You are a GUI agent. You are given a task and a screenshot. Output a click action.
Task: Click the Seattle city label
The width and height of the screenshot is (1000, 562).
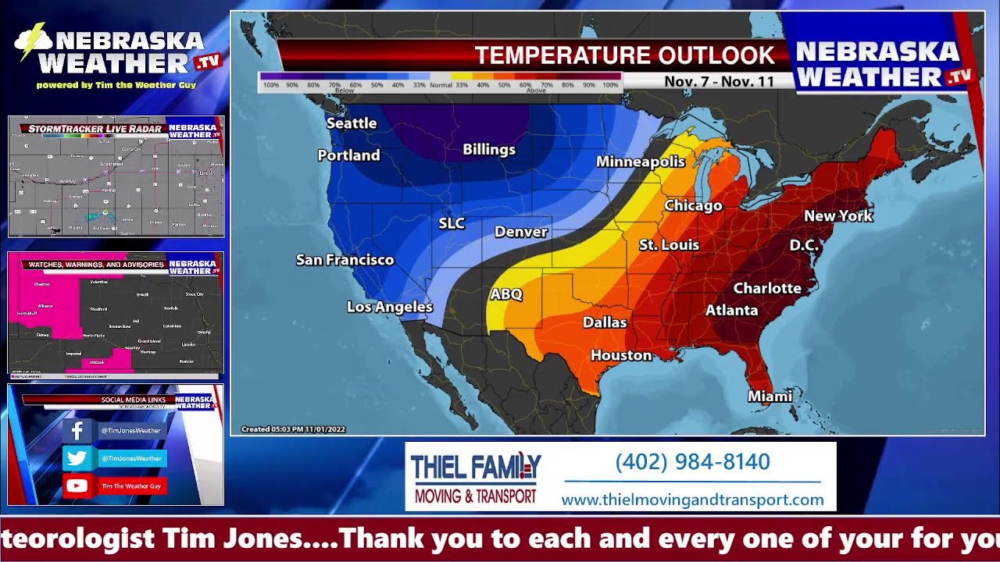tap(352, 123)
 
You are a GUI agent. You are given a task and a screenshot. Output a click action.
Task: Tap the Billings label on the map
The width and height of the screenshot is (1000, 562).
tap(489, 149)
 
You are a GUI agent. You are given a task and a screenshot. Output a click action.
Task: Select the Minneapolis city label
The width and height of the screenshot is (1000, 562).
tap(640, 162)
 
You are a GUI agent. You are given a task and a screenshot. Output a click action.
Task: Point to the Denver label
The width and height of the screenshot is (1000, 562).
tap(521, 232)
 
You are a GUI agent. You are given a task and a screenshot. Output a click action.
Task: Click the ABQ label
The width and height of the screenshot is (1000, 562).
tap(505, 294)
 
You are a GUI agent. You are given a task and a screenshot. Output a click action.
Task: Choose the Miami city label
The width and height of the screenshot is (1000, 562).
tap(770, 396)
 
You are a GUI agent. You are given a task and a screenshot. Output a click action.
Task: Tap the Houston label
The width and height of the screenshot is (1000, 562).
tap(621, 355)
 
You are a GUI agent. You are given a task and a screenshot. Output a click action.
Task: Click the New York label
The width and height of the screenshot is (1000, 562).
tap(838, 215)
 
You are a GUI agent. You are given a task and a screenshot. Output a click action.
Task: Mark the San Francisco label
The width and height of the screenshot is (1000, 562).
tap(345, 260)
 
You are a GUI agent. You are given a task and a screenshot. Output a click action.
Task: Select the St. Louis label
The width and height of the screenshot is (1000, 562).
tap(669, 245)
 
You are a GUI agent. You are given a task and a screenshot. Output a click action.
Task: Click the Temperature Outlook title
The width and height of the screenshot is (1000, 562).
tap(624, 55)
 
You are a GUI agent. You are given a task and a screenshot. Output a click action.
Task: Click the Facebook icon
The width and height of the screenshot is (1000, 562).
tap(77, 431)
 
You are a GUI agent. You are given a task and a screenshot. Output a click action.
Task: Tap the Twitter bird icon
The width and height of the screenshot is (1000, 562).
tap(77, 458)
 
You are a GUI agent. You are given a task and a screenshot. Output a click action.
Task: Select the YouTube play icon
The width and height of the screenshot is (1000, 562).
tap(77, 486)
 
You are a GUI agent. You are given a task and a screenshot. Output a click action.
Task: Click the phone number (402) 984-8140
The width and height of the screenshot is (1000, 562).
tap(692, 462)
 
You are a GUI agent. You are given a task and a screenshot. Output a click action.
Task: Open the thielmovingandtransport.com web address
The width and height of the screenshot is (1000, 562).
tap(692, 500)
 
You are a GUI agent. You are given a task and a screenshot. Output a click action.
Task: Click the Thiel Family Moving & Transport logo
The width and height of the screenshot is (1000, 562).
tap(476, 477)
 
